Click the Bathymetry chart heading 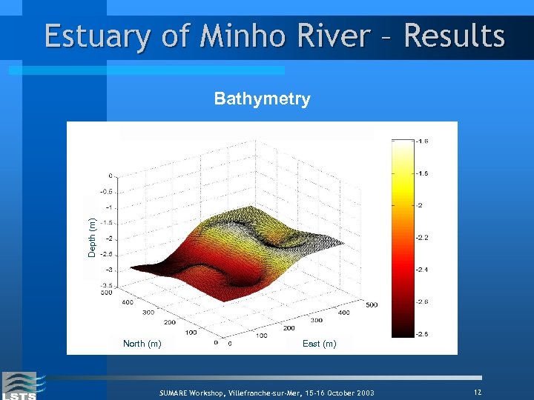click(262, 99)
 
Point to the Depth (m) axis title click(92, 237)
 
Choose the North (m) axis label click(142, 344)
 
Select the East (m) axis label click(319, 344)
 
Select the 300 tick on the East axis click(317, 320)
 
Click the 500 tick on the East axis click(371, 304)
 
